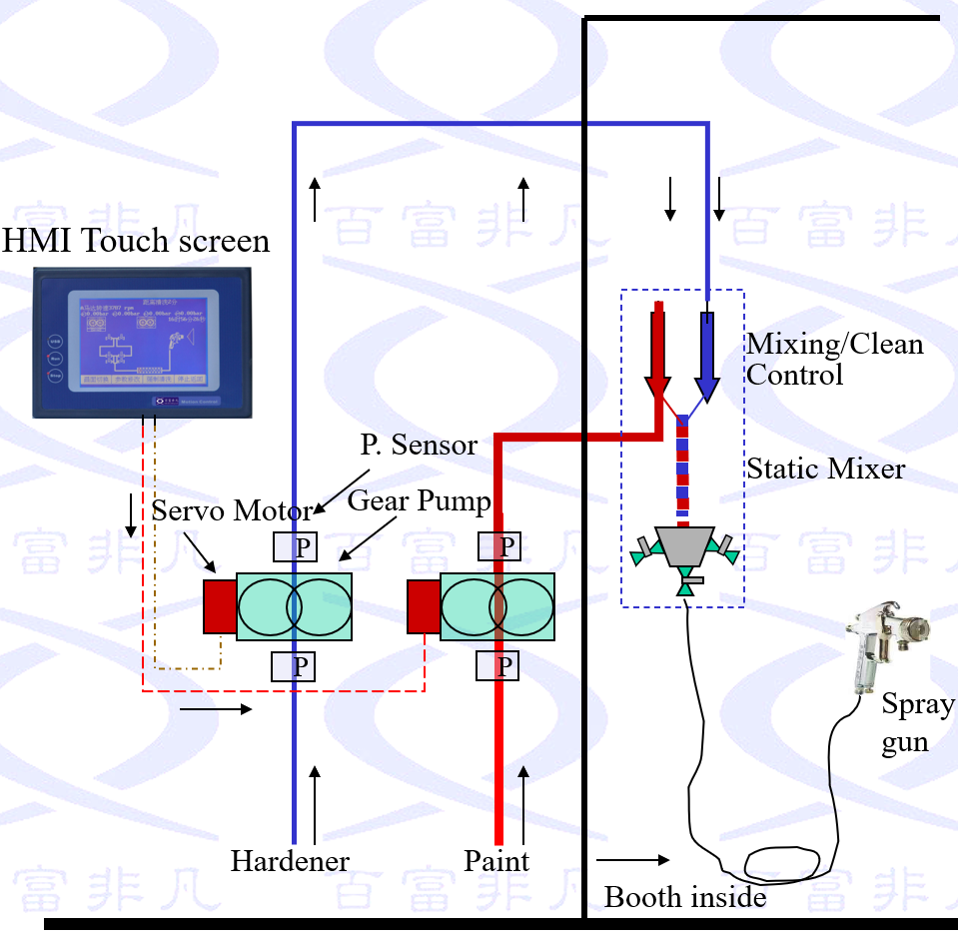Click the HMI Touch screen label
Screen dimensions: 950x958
pos(137,242)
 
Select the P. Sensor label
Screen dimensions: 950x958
pos(419,446)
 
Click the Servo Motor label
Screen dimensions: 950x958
pos(232,511)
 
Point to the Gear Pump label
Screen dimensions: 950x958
pos(420,501)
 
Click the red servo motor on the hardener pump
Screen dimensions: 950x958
pos(220,605)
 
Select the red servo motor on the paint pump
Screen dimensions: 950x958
pos(424,605)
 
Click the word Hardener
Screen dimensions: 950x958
pos(290,861)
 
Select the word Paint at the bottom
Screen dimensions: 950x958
pos(496,861)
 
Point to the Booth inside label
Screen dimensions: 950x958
pos(685,897)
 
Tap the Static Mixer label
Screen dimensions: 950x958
pos(826,469)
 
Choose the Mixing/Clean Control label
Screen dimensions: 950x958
pos(835,360)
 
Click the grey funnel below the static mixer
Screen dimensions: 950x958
pos(685,545)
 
